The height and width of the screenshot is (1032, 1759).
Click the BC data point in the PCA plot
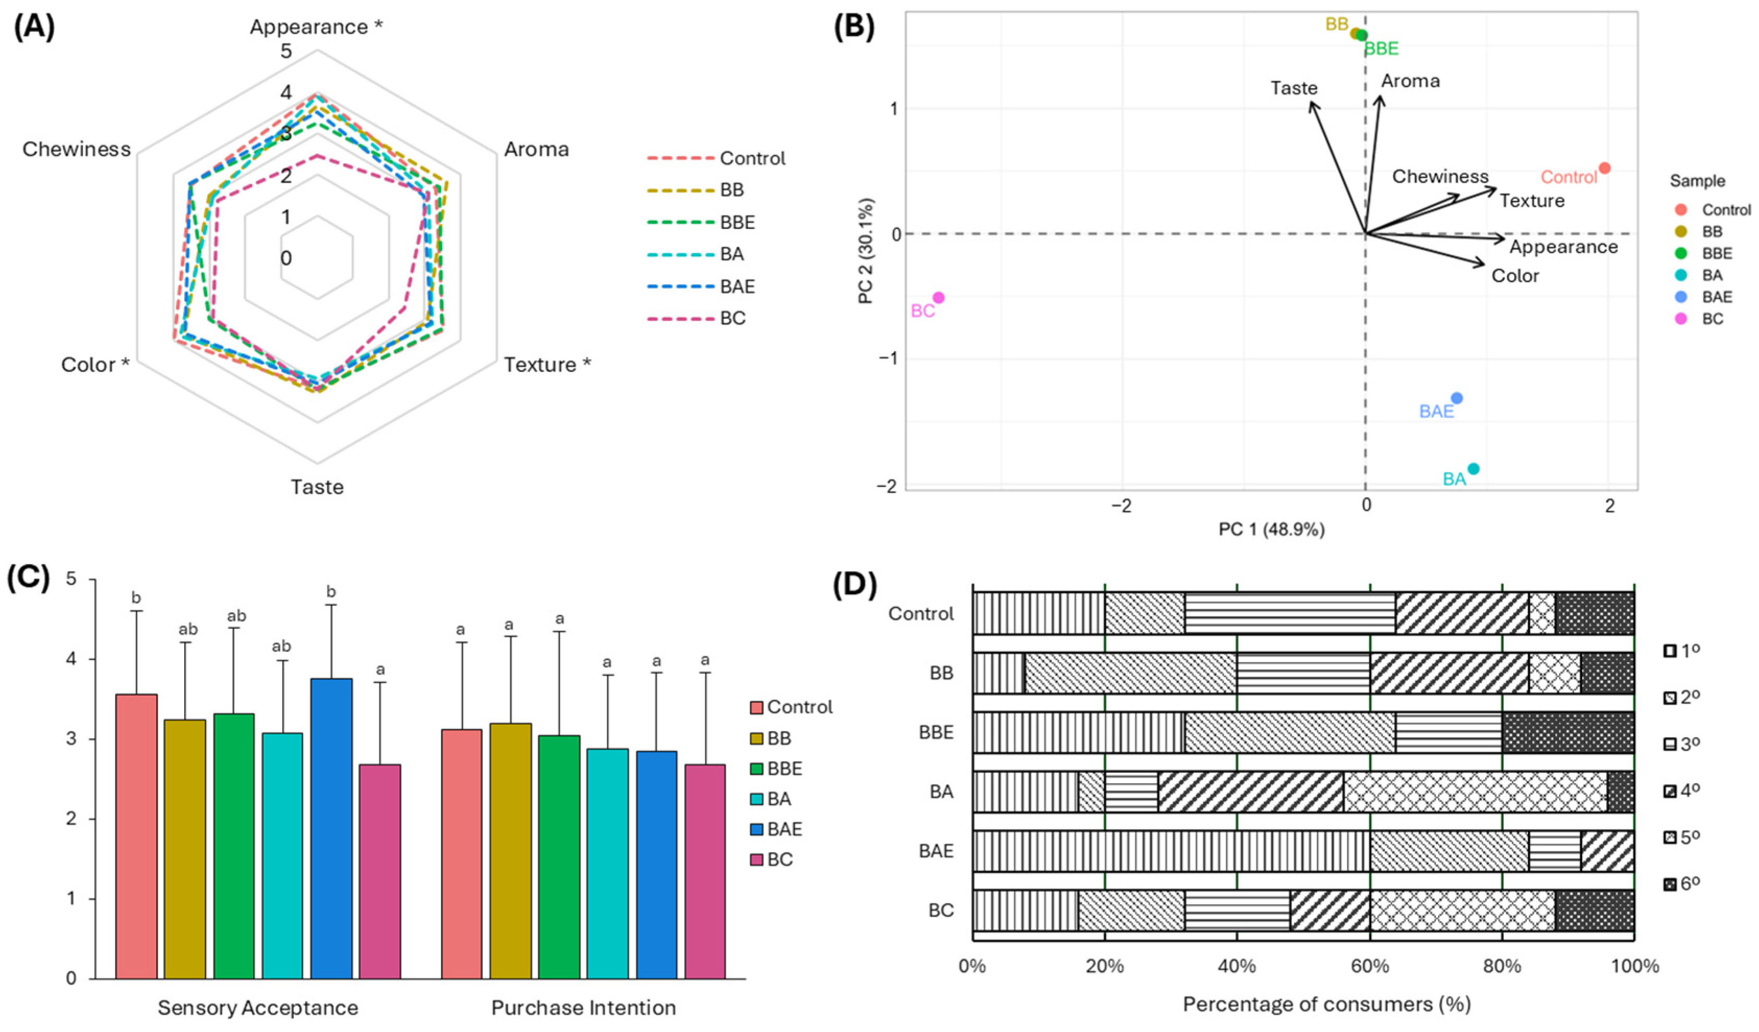[939, 298]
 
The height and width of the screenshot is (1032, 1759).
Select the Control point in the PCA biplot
[1604, 168]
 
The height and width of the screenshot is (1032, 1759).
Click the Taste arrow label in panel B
[1294, 88]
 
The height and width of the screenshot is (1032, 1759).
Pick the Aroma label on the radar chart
[536, 149]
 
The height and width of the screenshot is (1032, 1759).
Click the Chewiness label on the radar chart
[77, 149]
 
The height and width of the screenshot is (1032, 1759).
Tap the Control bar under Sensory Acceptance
[136, 836]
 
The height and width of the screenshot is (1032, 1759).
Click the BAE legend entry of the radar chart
[737, 286]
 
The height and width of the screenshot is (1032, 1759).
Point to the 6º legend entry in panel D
[1682, 884]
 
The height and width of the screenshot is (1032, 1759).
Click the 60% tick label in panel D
[1370, 966]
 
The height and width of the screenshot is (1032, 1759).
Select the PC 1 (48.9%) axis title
[1271, 530]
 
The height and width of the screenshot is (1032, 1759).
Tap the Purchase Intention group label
[583, 1007]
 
